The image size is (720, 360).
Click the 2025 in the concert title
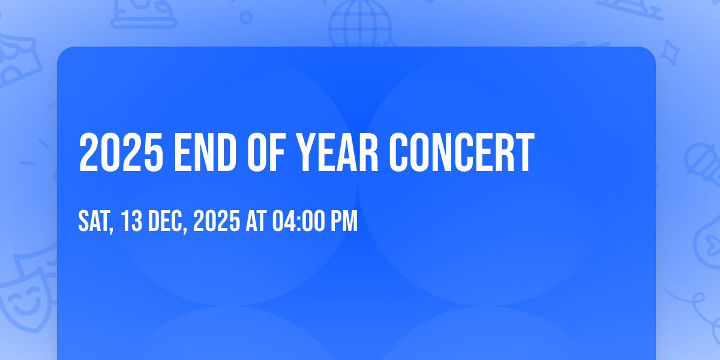point(121,152)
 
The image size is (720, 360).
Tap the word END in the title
point(205,152)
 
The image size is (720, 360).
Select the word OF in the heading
point(266,152)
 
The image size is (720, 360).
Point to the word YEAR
point(337,152)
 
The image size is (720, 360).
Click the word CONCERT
point(461,152)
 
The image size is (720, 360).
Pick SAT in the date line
point(94,221)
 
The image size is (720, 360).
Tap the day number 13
point(131,221)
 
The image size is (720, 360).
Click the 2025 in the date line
point(217,221)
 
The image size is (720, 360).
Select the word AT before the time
point(256,221)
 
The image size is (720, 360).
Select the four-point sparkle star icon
point(669,53)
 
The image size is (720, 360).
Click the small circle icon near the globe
point(246,17)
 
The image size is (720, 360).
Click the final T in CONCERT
point(524,152)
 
